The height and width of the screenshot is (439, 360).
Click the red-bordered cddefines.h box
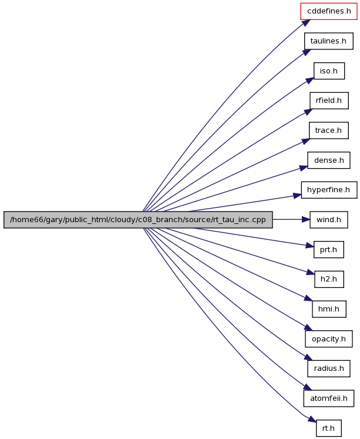tap(329, 11)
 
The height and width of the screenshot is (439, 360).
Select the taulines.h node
tap(329, 41)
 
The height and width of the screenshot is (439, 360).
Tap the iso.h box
tap(329, 71)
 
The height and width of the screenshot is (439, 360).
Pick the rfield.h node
tap(329, 100)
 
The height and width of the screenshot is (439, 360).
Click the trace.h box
tap(329, 130)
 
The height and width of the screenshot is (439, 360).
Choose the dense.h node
tap(329, 160)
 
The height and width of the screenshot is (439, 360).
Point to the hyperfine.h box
tap(329, 190)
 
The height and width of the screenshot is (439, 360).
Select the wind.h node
tap(329, 220)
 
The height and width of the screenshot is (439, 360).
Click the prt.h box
tap(329, 249)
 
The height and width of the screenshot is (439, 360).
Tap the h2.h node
tap(329, 279)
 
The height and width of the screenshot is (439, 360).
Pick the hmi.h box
tap(329, 309)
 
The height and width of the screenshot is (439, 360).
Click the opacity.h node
tap(329, 339)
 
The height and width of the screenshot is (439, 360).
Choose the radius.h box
tap(329, 368)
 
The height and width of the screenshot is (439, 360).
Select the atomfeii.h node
tap(329, 398)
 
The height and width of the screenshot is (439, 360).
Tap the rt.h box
tap(329, 428)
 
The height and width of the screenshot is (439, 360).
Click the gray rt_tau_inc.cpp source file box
tap(138, 220)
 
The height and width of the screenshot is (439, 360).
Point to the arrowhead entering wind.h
tap(306, 220)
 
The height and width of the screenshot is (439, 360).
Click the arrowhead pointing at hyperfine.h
tap(297, 195)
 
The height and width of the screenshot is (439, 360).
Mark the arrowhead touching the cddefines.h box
tap(307, 23)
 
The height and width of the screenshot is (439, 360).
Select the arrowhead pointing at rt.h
tap(312, 419)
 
